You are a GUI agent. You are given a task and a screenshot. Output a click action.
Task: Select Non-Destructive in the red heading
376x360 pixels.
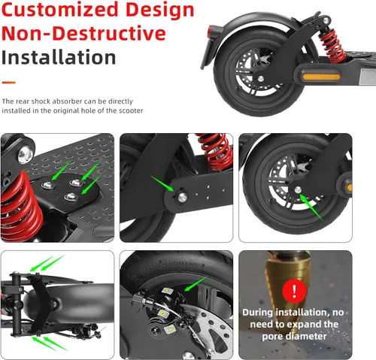tap(83, 34)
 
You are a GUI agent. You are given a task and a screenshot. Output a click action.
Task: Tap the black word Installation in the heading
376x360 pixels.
tap(59, 57)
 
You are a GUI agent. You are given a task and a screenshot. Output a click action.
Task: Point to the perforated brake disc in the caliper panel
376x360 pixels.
tap(203, 331)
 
